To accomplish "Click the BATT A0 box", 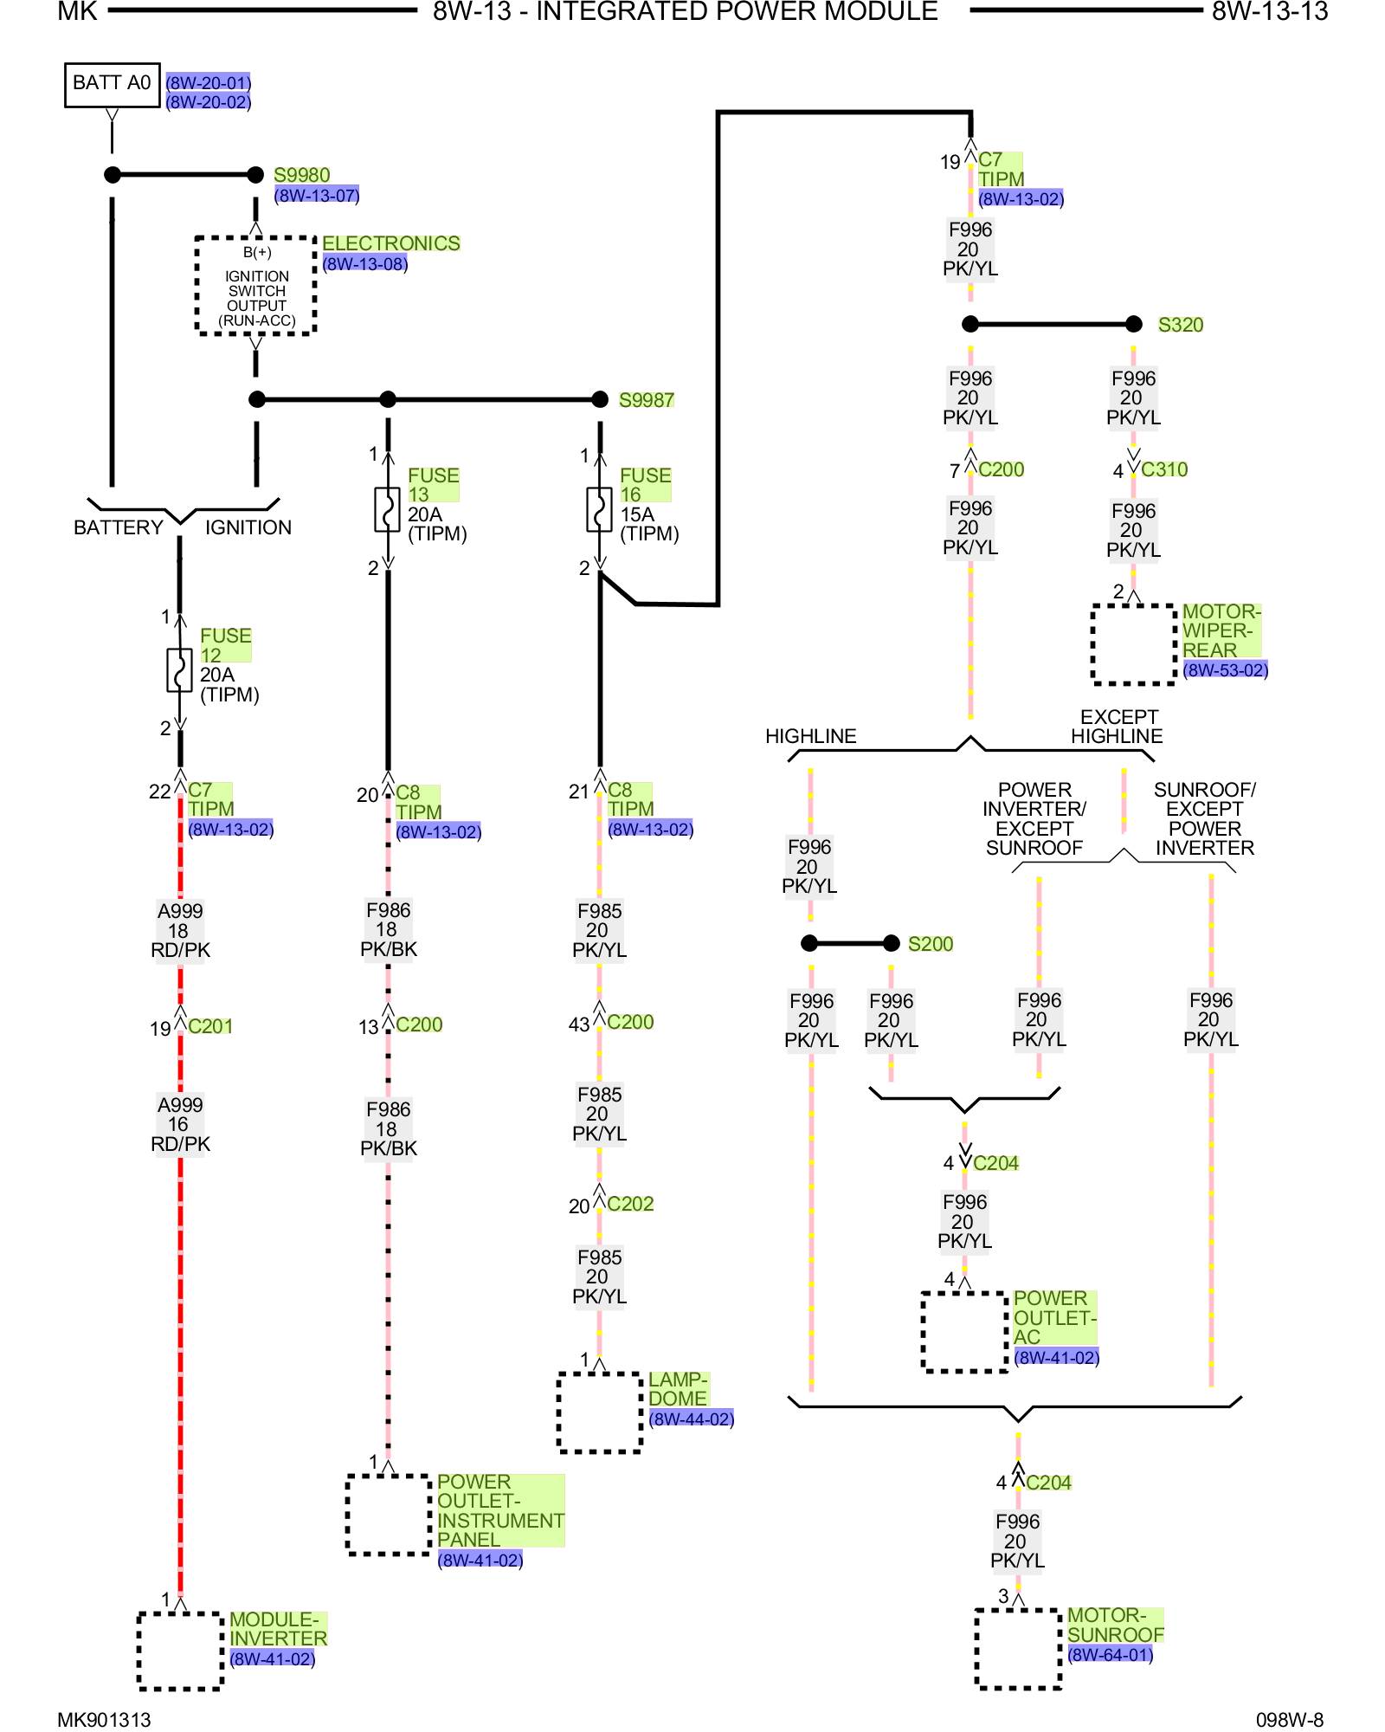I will coord(112,84).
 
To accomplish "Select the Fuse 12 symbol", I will coord(179,670).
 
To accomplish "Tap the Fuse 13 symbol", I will coord(387,510).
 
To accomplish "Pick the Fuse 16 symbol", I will coord(599,510).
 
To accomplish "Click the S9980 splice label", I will coord(301,175).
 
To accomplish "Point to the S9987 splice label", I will coord(646,400).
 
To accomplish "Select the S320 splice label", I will coord(1180,325).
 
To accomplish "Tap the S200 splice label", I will coord(930,944).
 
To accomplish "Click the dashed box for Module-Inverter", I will coord(180,1651).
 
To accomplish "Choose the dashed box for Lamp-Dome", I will coord(599,1412).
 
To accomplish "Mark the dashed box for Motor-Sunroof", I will coord(1018,1649).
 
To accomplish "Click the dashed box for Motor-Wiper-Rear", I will coord(1133,644).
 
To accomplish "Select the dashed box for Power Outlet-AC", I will coord(964,1332).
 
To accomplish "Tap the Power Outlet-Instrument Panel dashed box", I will coord(388,1515).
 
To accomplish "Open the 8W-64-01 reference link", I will coord(1110,1655).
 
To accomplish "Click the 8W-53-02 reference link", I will coord(1225,669).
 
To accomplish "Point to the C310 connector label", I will coord(1163,469).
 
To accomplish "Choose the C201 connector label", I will coord(210,1026).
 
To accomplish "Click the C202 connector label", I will coord(630,1204).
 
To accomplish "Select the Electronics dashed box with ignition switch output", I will coord(255,286).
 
